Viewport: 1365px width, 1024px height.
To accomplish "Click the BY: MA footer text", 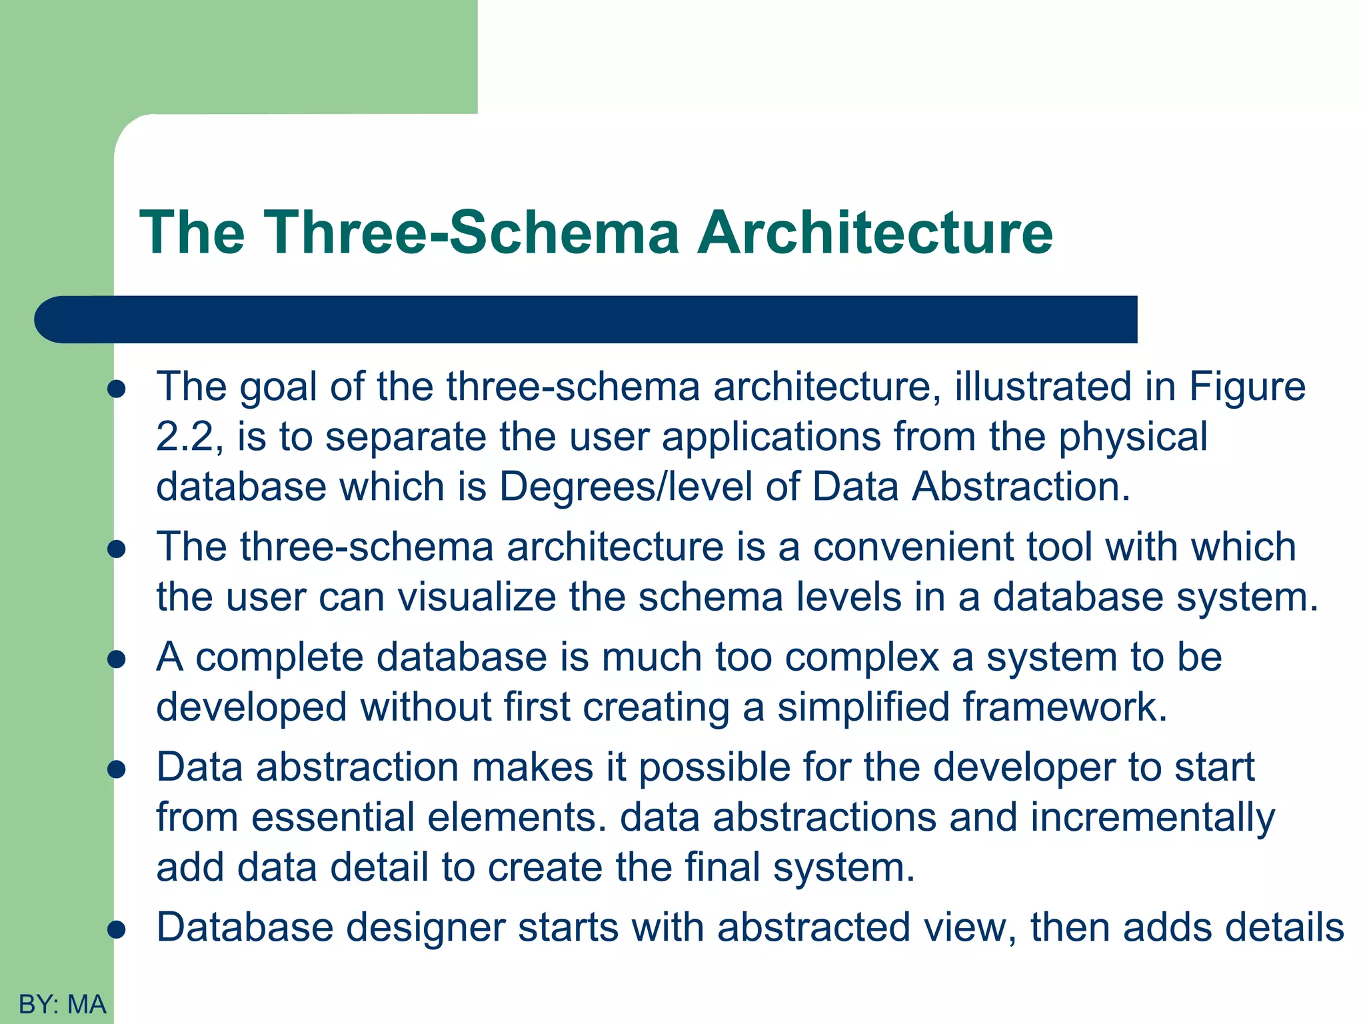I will tap(63, 1004).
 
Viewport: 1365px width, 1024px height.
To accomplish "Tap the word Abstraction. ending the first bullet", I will tap(1021, 487).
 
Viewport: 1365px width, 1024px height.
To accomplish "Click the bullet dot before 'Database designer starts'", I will tap(117, 929).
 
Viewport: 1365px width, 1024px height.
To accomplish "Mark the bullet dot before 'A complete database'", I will tap(117, 659).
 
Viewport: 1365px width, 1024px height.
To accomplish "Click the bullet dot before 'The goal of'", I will tap(117, 389).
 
